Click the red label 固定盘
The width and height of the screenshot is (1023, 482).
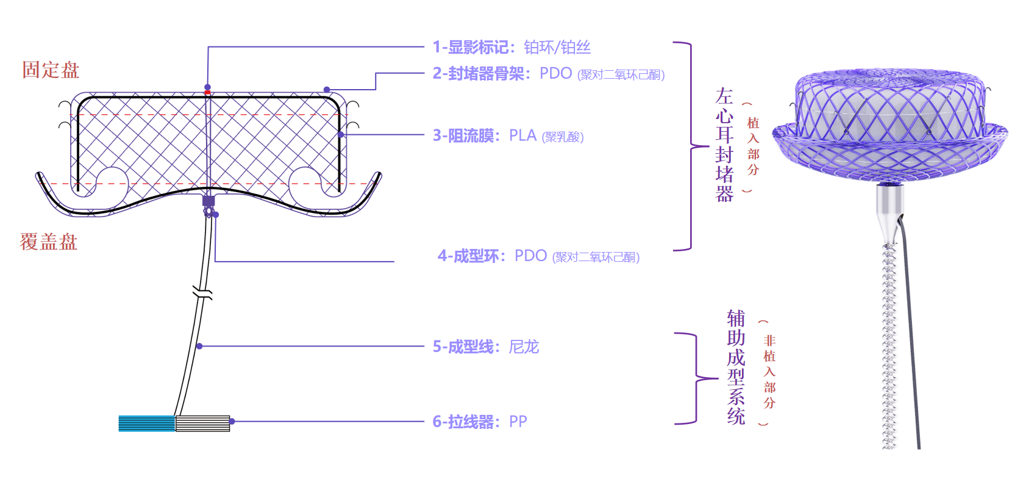[x=51, y=70]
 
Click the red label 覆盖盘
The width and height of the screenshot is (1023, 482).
[x=48, y=242]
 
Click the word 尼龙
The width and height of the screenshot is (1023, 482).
[x=524, y=347]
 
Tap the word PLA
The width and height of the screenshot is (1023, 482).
[x=522, y=135]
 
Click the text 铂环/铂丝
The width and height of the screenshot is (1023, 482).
[x=557, y=47]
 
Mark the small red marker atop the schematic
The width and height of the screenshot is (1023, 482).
[x=207, y=93]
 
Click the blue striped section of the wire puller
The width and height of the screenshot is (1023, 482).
[x=146, y=423]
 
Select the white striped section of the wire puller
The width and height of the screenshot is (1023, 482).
[x=202, y=423]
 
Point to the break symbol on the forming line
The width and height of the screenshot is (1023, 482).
[x=202, y=292]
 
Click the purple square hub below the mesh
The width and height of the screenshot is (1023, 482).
[x=209, y=201]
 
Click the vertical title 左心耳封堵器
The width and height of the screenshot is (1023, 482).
[x=724, y=145]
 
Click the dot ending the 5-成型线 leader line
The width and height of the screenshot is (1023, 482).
[x=199, y=347]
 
